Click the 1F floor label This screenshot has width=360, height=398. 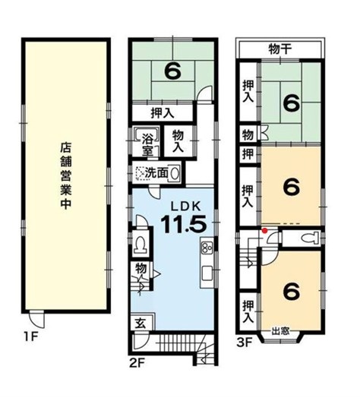click(x=30, y=336)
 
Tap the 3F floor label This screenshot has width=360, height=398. click(x=245, y=343)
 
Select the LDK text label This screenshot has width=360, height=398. click(x=185, y=207)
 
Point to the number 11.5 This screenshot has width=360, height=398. click(x=183, y=224)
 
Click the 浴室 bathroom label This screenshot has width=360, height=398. click(x=147, y=144)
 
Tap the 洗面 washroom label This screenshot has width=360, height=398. click(x=156, y=173)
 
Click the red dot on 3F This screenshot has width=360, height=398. click(x=265, y=230)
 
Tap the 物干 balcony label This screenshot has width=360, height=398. click(x=279, y=49)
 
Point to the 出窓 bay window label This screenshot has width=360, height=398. click(x=280, y=331)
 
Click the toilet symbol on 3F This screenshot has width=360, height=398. click(x=310, y=238)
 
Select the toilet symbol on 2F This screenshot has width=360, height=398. click(x=141, y=245)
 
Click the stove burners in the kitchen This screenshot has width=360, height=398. click(x=207, y=247)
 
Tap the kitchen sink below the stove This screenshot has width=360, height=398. click(x=207, y=273)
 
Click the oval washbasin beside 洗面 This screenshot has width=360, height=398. click(x=175, y=173)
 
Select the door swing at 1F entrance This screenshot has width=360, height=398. click(x=36, y=319)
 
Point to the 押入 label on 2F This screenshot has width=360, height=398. click(x=163, y=113)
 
